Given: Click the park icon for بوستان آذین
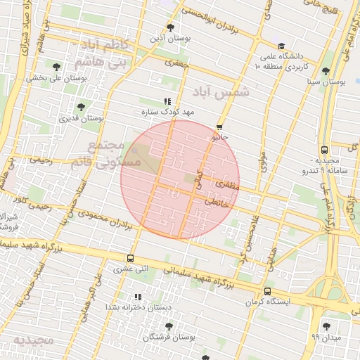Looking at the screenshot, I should pyautogui.click(x=170, y=27).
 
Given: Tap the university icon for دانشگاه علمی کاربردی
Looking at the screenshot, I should pyautogui.click(x=281, y=46).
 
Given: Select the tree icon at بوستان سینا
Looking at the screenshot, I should pyautogui.click(x=325, y=71).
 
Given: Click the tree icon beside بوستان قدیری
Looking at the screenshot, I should pyautogui.click(x=81, y=107).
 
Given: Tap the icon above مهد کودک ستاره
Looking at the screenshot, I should pyautogui.click(x=167, y=101).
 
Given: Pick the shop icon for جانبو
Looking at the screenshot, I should pyautogui.click(x=220, y=127).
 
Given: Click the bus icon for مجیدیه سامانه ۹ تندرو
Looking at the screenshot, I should pyautogui.click(x=324, y=150).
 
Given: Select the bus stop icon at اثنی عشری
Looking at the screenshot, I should pyautogui.click(x=129, y=258).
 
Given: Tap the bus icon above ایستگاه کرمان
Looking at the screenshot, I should pyautogui.click(x=266, y=291).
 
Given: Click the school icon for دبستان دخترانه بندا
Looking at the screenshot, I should pyautogui.click(x=138, y=297).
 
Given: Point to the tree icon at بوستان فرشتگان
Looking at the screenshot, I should pyautogui.click(x=168, y=326).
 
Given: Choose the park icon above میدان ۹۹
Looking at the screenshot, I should pyautogui.click(x=326, y=326).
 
